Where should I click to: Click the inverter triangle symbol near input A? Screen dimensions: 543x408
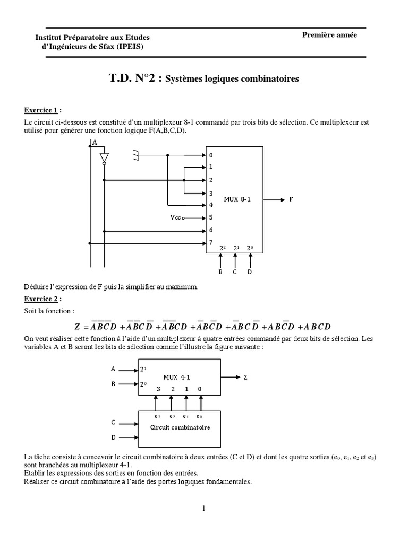[104, 157]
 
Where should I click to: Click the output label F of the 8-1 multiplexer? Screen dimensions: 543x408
[291, 200]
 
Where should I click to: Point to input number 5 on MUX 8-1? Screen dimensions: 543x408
[211, 217]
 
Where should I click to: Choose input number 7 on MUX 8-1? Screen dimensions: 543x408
[211, 243]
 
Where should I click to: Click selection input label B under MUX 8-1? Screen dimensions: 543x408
[220, 272]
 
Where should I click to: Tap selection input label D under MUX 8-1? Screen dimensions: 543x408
[250, 272]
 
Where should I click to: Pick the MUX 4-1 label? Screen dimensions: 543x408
[180, 377]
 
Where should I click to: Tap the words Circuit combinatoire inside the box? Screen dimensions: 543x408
[173, 426]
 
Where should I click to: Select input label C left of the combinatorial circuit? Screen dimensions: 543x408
[113, 423]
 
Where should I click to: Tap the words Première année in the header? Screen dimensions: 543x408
[329, 35]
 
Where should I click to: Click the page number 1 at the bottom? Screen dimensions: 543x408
[203, 509]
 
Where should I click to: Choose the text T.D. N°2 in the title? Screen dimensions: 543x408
[135, 78]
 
